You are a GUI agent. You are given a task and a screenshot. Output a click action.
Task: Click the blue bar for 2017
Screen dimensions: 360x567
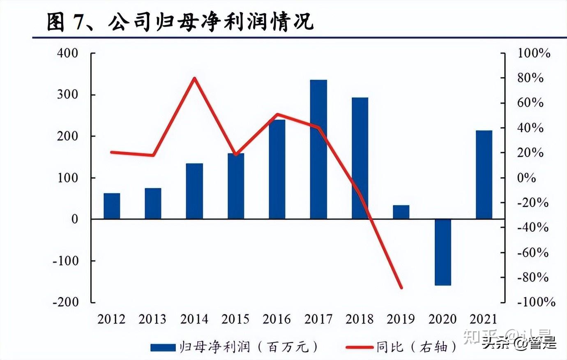pyautogui.click(x=318, y=149)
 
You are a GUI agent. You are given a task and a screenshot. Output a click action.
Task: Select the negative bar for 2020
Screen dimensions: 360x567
pyautogui.click(x=443, y=252)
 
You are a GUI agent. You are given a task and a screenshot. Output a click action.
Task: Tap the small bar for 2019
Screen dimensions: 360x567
pyautogui.click(x=401, y=212)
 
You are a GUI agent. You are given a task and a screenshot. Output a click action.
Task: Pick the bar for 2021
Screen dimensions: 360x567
pyautogui.click(x=484, y=174)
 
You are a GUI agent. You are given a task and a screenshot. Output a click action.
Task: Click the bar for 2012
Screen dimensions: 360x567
pyautogui.click(x=112, y=205)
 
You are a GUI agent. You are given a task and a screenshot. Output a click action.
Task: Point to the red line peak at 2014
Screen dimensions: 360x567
pyautogui.click(x=195, y=78)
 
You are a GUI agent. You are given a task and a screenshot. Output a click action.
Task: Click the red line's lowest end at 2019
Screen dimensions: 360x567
pyautogui.click(x=401, y=288)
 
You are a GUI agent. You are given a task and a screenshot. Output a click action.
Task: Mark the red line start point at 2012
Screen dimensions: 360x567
pyautogui.click(x=112, y=152)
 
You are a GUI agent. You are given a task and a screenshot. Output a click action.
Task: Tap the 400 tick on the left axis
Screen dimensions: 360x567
pyautogui.click(x=67, y=53)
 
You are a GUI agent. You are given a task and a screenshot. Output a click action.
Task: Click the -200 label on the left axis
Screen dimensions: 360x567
pyautogui.click(x=65, y=301)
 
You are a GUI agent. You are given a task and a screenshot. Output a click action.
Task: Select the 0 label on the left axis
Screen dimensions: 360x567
pyautogui.click(x=74, y=219)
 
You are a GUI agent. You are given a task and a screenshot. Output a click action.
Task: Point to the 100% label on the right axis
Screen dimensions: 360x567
pyautogui.click(x=533, y=53)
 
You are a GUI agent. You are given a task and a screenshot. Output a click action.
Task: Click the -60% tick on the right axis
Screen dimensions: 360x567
pyautogui.click(x=532, y=252)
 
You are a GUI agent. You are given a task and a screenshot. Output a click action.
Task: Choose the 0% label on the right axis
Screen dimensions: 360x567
pyautogui.click(x=526, y=178)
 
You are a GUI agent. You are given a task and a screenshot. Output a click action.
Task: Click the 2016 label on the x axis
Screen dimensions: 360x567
pyautogui.click(x=277, y=319)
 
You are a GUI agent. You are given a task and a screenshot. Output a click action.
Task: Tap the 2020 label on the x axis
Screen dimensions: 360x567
pyautogui.click(x=443, y=319)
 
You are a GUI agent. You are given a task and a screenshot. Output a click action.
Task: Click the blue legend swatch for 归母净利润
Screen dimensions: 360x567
pyautogui.click(x=163, y=347)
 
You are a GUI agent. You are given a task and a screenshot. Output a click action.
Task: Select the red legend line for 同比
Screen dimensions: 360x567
pyautogui.click(x=360, y=347)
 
